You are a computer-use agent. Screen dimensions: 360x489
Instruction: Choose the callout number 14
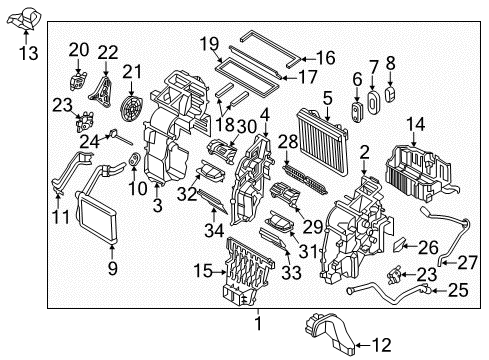(414, 124)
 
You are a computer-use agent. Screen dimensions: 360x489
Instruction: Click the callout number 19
(208, 43)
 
